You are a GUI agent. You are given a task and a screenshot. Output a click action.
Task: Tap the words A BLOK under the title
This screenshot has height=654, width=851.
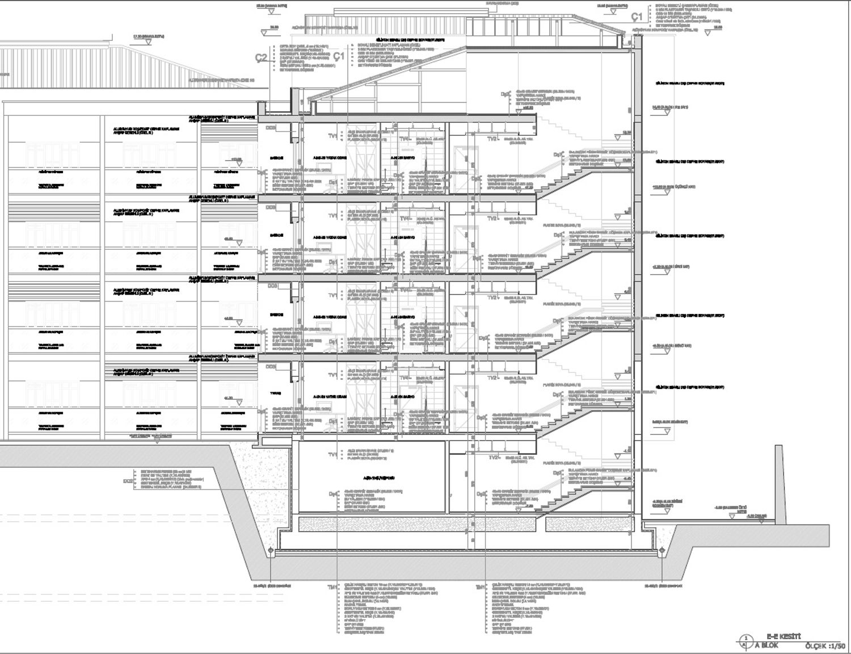766,645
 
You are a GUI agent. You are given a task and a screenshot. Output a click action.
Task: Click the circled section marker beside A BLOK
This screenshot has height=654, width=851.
743,642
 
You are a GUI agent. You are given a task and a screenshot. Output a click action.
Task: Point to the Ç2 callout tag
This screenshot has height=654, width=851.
262,57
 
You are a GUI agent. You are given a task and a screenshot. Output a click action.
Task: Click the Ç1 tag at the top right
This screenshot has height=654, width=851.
637,17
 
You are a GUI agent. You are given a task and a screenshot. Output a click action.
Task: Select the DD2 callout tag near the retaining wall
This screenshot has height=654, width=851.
128,481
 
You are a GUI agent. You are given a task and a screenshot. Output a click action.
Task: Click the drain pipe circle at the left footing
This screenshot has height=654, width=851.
271,551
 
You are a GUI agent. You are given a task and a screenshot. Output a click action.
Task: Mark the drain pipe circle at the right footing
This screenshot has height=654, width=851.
662,551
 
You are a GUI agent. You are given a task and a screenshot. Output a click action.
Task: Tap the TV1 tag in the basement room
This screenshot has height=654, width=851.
332,455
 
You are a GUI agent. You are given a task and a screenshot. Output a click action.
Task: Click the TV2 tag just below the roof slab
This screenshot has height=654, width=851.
492,139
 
